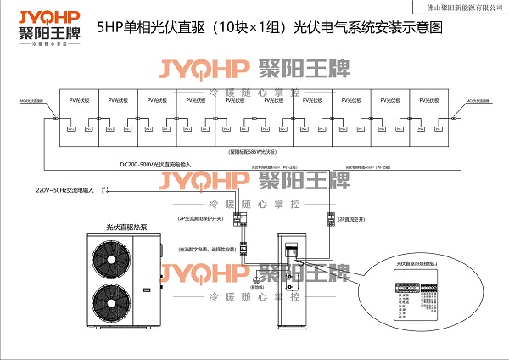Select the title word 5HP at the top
pos(110,27)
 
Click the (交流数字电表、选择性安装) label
pos(207,250)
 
